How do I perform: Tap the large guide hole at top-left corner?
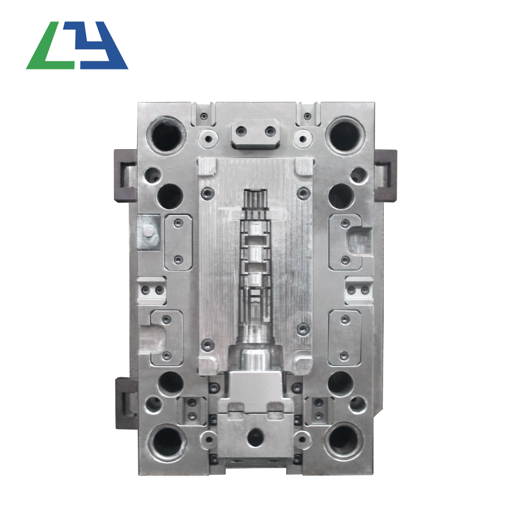[x=166, y=135]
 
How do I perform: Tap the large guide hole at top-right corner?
[x=345, y=135]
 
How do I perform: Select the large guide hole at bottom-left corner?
[x=168, y=441]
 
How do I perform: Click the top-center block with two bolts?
[x=256, y=134]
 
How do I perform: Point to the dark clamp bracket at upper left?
[x=126, y=176]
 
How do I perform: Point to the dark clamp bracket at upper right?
[x=386, y=176]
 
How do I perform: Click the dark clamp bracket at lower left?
[x=127, y=403]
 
